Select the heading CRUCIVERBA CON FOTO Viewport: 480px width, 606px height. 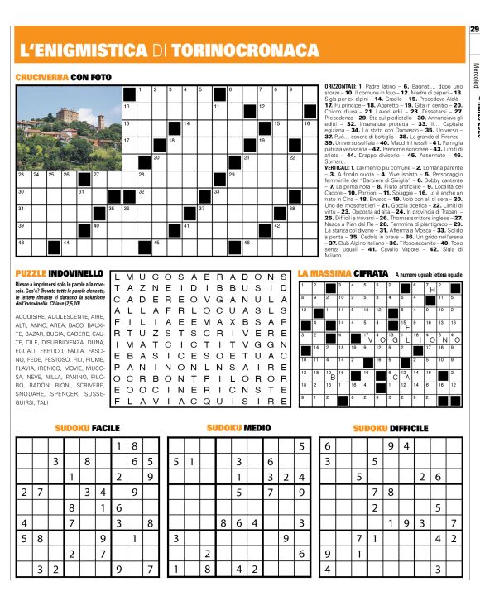(62, 77)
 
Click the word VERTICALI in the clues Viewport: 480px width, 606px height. (338, 166)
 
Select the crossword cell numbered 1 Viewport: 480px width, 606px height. (147, 94)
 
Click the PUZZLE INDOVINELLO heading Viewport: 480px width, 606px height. (59, 272)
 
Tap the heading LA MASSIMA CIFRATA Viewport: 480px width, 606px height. (343, 272)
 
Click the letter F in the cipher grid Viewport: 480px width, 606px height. (408, 327)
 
